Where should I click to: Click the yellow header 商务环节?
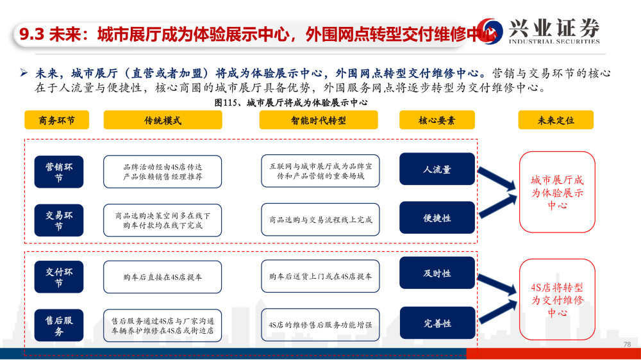click(x=57, y=120)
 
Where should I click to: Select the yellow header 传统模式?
click(x=163, y=120)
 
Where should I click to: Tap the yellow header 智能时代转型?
click(x=319, y=120)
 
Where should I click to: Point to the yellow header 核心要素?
click(x=437, y=120)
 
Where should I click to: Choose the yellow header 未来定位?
click(x=556, y=120)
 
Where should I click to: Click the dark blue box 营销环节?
click(x=59, y=172)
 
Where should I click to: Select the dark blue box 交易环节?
click(x=59, y=220)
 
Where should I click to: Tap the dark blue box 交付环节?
click(x=59, y=277)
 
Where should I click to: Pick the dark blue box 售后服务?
click(x=59, y=325)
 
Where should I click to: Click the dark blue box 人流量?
click(x=437, y=169)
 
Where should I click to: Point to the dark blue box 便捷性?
click(x=437, y=218)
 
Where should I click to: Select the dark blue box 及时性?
click(x=437, y=273)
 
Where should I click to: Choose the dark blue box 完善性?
click(x=437, y=323)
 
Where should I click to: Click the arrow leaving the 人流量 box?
click(x=497, y=179)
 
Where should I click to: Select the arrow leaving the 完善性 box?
click(x=497, y=312)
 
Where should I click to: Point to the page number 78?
click(x=627, y=345)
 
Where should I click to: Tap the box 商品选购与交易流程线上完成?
click(x=320, y=220)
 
